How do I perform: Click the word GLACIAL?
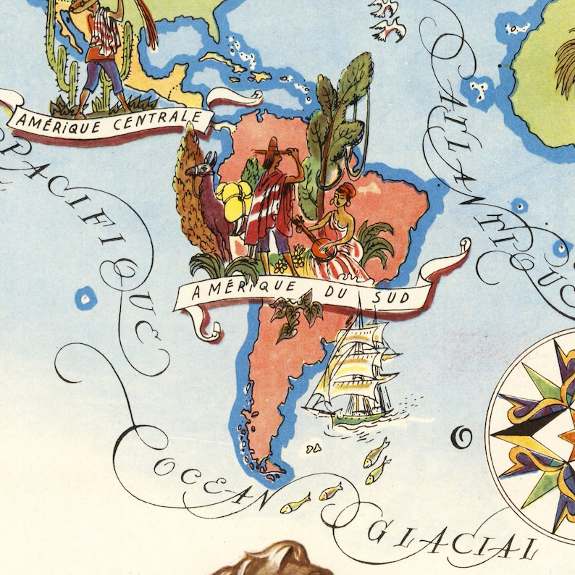449,540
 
